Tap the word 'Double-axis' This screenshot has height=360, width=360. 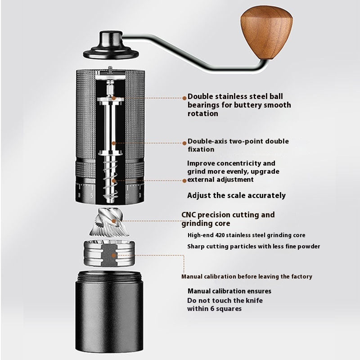(208, 141)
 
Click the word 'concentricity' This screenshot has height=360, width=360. (240, 163)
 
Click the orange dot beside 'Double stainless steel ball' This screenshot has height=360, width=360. (184, 97)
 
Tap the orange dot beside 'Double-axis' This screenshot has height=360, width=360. (184, 142)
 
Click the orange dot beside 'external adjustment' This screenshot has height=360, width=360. (184, 180)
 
